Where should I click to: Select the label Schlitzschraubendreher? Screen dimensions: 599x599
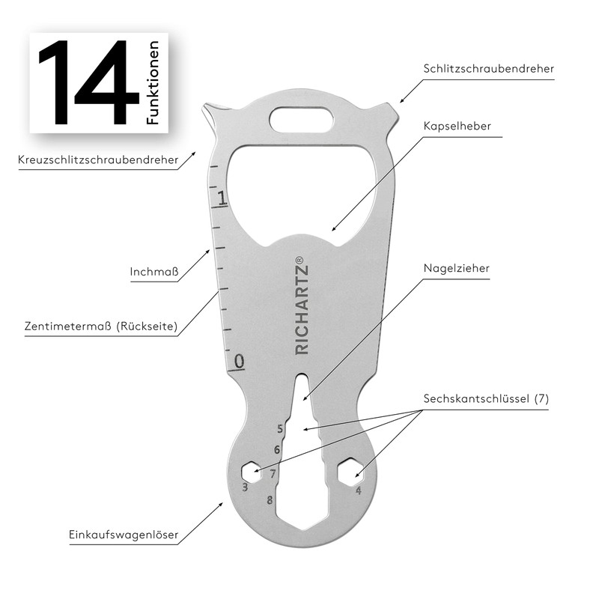pyautogui.click(x=490, y=69)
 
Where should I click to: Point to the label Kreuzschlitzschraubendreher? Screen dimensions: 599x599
pyautogui.click(x=98, y=159)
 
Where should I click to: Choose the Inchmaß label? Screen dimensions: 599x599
pyautogui.click(x=154, y=273)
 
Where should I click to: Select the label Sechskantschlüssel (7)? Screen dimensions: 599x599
pyautogui.click(x=486, y=399)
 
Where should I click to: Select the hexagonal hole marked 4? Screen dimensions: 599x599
pyautogui.click(x=350, y=472)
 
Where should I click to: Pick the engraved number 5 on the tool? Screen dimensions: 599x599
pyautogui.click(x=279, y=429)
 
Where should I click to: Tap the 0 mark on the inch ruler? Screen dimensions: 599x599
pyautogui.click(x=239, y=362)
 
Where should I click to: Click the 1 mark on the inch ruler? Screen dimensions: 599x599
pyautogui.click(x=221, y=198)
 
